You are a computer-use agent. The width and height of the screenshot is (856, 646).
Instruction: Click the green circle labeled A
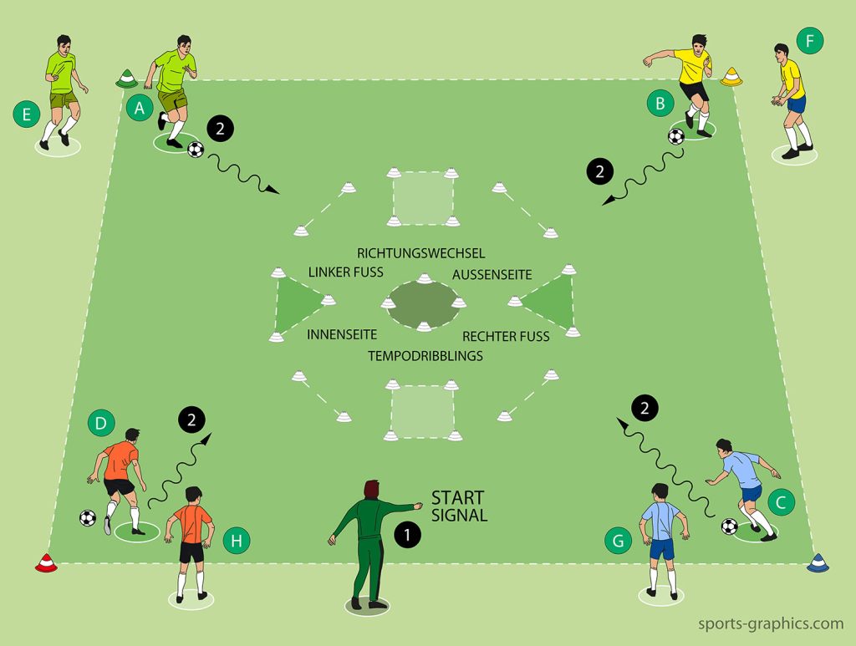140,107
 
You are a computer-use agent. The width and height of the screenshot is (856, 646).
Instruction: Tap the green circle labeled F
809,39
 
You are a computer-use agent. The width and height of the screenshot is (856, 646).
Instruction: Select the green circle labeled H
237,541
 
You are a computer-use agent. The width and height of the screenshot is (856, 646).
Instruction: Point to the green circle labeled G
618,541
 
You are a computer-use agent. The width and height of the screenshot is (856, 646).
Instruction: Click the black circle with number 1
407,536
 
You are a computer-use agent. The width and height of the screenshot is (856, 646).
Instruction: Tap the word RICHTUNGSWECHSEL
420,252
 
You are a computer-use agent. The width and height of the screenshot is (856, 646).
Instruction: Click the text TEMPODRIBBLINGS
425,355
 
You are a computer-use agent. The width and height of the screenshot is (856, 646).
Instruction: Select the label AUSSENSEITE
492,274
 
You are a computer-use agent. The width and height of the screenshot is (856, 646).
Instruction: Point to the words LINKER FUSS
345,272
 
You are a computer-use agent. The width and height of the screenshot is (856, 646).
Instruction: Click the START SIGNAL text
458,506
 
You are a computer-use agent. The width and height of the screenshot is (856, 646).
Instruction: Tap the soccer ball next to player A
196,150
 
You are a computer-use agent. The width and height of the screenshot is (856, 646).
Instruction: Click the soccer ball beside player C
730,526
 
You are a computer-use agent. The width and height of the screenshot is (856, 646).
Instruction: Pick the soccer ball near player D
88,518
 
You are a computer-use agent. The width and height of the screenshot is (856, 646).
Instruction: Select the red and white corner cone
45,564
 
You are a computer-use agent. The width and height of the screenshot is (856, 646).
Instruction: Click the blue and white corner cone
816,565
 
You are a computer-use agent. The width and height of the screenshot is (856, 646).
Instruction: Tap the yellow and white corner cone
731,76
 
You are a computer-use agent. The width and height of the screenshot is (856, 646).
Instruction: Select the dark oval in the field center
425,302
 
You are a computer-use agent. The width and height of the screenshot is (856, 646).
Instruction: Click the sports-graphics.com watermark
771,623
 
